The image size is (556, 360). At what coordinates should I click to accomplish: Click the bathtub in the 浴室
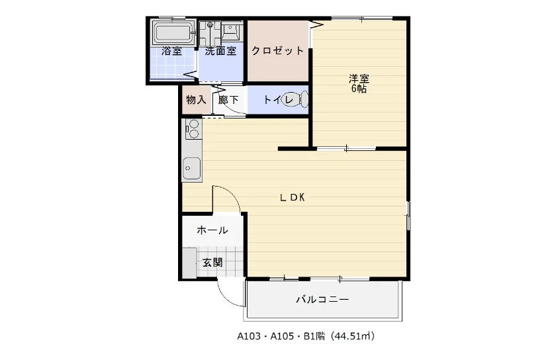tap(173, 32)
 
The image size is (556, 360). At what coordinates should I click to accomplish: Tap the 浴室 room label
tap(171, 51)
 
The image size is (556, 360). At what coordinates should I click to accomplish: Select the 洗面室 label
tap(220, 51)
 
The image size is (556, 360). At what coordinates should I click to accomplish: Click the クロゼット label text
tap(277, 51)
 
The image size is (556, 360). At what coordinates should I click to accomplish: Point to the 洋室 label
tap(359, 78)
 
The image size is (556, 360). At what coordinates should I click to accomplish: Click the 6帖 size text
tap(359, 89)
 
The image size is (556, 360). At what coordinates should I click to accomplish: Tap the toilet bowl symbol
tap(296, 99)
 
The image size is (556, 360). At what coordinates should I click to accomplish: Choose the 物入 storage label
tap(196, 100)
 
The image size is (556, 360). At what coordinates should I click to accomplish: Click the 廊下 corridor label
tap(228, 100)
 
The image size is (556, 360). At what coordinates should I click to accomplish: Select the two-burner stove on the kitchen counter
tap(193, 129)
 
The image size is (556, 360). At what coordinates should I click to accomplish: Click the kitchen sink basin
tap(192, 168)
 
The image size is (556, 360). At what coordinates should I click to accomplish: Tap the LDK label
tap(293, 198)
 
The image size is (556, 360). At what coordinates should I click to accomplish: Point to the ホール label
tap(212, 230)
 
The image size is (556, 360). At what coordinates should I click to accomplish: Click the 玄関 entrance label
tap(212, 263)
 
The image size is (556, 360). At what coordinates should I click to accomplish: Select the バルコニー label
tap(322, 300)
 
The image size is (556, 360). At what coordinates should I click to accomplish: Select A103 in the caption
tap(249, 336)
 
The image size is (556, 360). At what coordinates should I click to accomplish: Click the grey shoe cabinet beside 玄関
tap(190, 263)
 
